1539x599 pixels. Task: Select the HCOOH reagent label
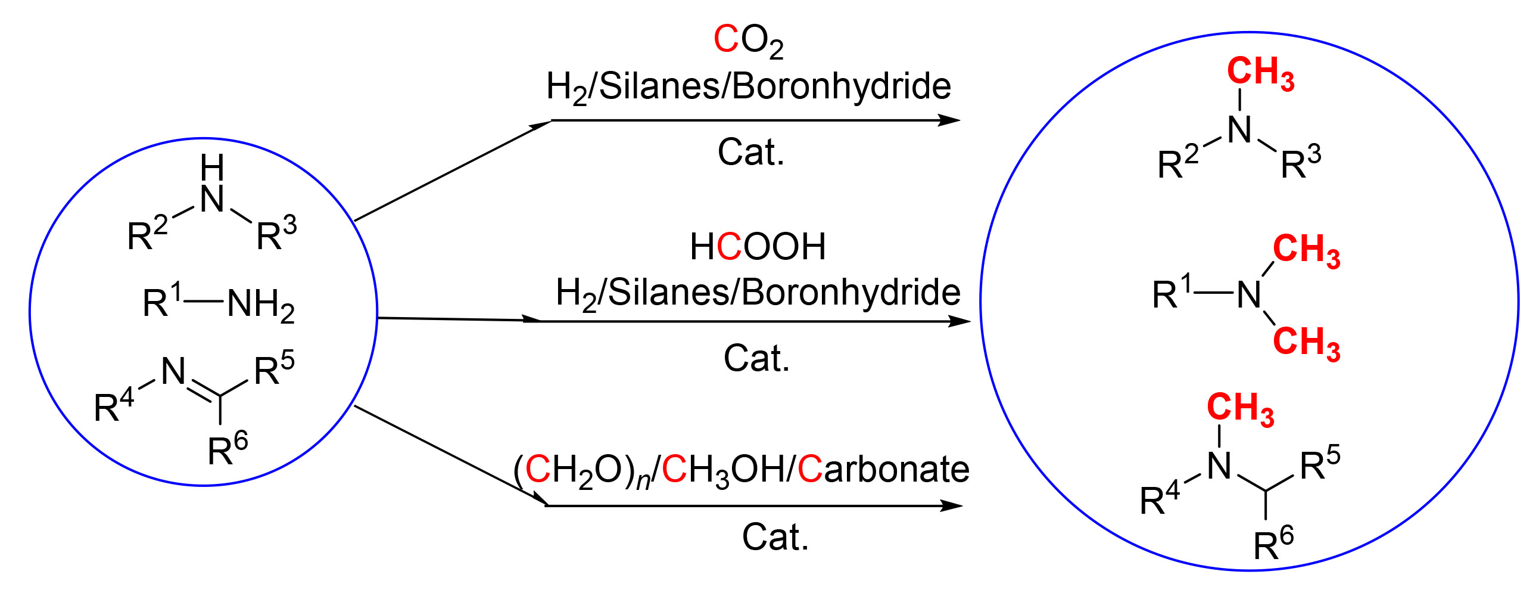[757, 246]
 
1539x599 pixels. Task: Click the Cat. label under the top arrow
[750, 153]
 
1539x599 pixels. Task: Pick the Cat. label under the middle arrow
[756, 359]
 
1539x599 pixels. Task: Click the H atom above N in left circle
[212, 167]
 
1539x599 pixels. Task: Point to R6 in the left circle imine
[228, 448]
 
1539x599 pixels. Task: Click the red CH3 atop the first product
[1260, 73]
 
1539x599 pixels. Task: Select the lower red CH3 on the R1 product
[1306, 343]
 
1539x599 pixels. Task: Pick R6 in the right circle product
[1273, 543]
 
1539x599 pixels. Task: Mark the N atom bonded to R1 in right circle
[1248, 294]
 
